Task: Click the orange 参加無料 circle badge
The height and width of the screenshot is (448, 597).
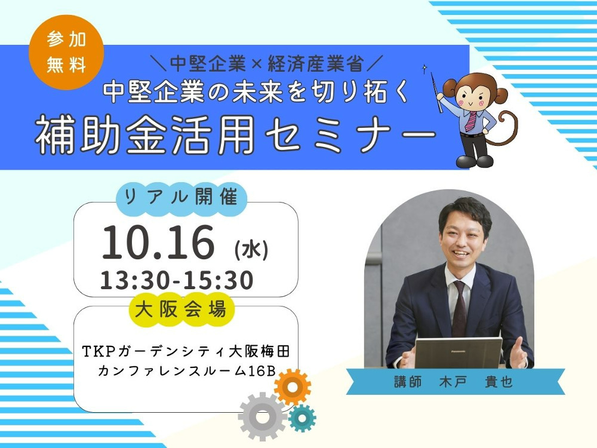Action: tap(67, 52)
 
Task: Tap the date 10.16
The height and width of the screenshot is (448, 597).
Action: tap(158, 243)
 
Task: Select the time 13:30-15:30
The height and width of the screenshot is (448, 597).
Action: tap(177, 280)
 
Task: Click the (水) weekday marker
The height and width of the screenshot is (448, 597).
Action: tap(252, 250)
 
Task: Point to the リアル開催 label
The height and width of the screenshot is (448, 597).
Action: tap(181, 197)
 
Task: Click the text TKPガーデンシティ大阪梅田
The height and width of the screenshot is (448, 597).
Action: tap(186, 351)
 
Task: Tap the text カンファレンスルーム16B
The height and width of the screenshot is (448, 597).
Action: tap(186, 371)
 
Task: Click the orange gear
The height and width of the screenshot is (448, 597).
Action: tap(293, 387)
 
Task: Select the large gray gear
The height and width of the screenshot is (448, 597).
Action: tap(262, 416)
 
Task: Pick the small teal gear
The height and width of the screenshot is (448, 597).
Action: tap(302, 418)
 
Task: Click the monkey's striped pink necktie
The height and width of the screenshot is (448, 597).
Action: tap(472, 121)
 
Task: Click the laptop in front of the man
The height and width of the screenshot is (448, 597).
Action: tap(458, 353)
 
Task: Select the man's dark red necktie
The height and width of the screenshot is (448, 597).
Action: tap(460, 309)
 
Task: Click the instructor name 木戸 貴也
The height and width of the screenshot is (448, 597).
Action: tap(476, 382)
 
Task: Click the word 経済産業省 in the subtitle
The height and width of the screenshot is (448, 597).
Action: tap(315, 64)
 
